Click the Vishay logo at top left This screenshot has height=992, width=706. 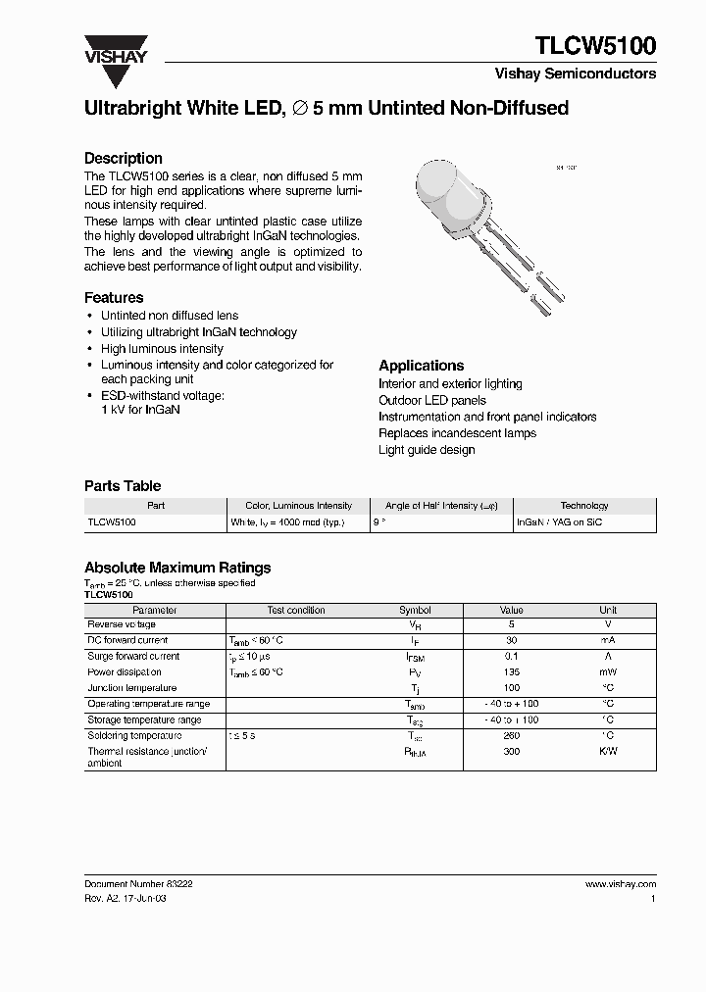(x=115, y=51)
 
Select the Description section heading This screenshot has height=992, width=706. (x=123, y=158)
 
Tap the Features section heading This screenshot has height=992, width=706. (x=114, y=297)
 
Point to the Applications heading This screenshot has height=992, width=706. (x=421, y=366)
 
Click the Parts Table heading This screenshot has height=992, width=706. (x=123, y=485)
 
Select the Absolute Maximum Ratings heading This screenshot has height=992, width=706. (x=177, y=568)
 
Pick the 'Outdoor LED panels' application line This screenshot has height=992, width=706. (x=432, y=400)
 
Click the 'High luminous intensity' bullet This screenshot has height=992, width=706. (x=162, y=349)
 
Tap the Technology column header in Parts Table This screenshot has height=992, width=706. (x=584, y=506)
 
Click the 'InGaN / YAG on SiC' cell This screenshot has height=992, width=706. (x=560, y=522)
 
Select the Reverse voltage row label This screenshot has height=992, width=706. (x=122, y=624)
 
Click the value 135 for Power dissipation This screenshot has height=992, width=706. (x=511, y=672)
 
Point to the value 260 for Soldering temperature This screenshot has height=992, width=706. (x=511, y=735)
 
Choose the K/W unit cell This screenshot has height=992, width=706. (x=608, y=751)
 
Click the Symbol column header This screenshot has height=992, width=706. (x=414, y=610)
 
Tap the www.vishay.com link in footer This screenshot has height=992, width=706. (x=620, y=883)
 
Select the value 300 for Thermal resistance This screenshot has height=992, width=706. (x=511, y=751)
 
